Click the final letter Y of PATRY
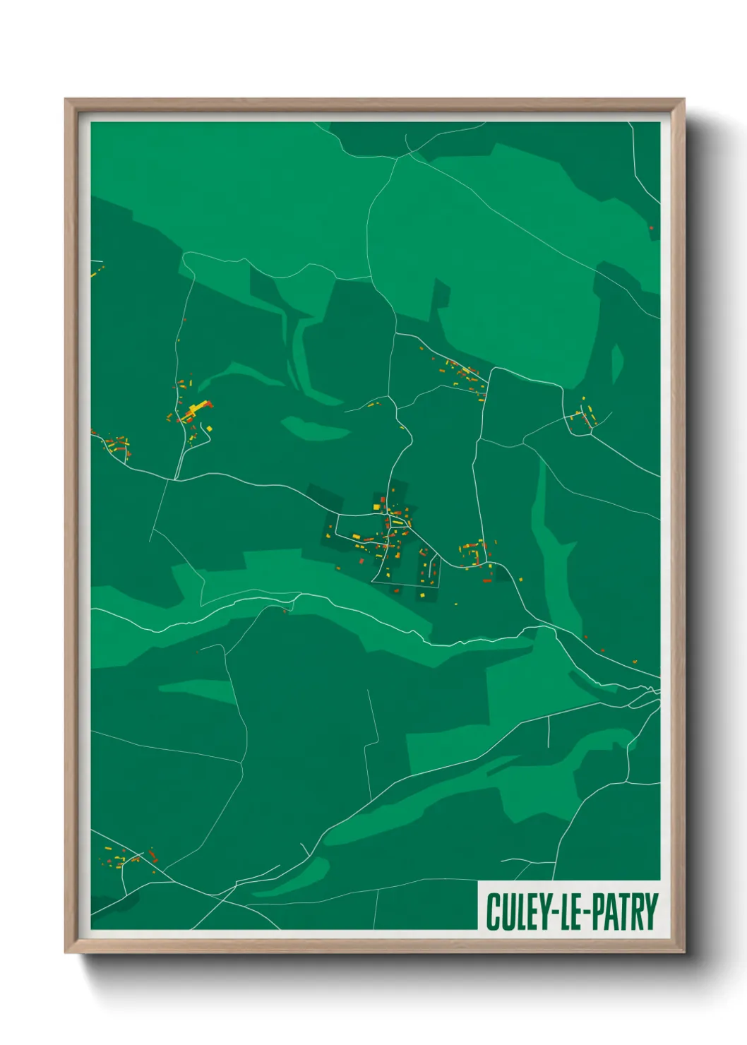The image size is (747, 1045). point(652,912)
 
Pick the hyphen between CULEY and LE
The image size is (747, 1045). point(554,912)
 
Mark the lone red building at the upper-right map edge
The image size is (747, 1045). point(651,228)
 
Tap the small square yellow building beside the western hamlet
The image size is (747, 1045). point(209,428)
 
